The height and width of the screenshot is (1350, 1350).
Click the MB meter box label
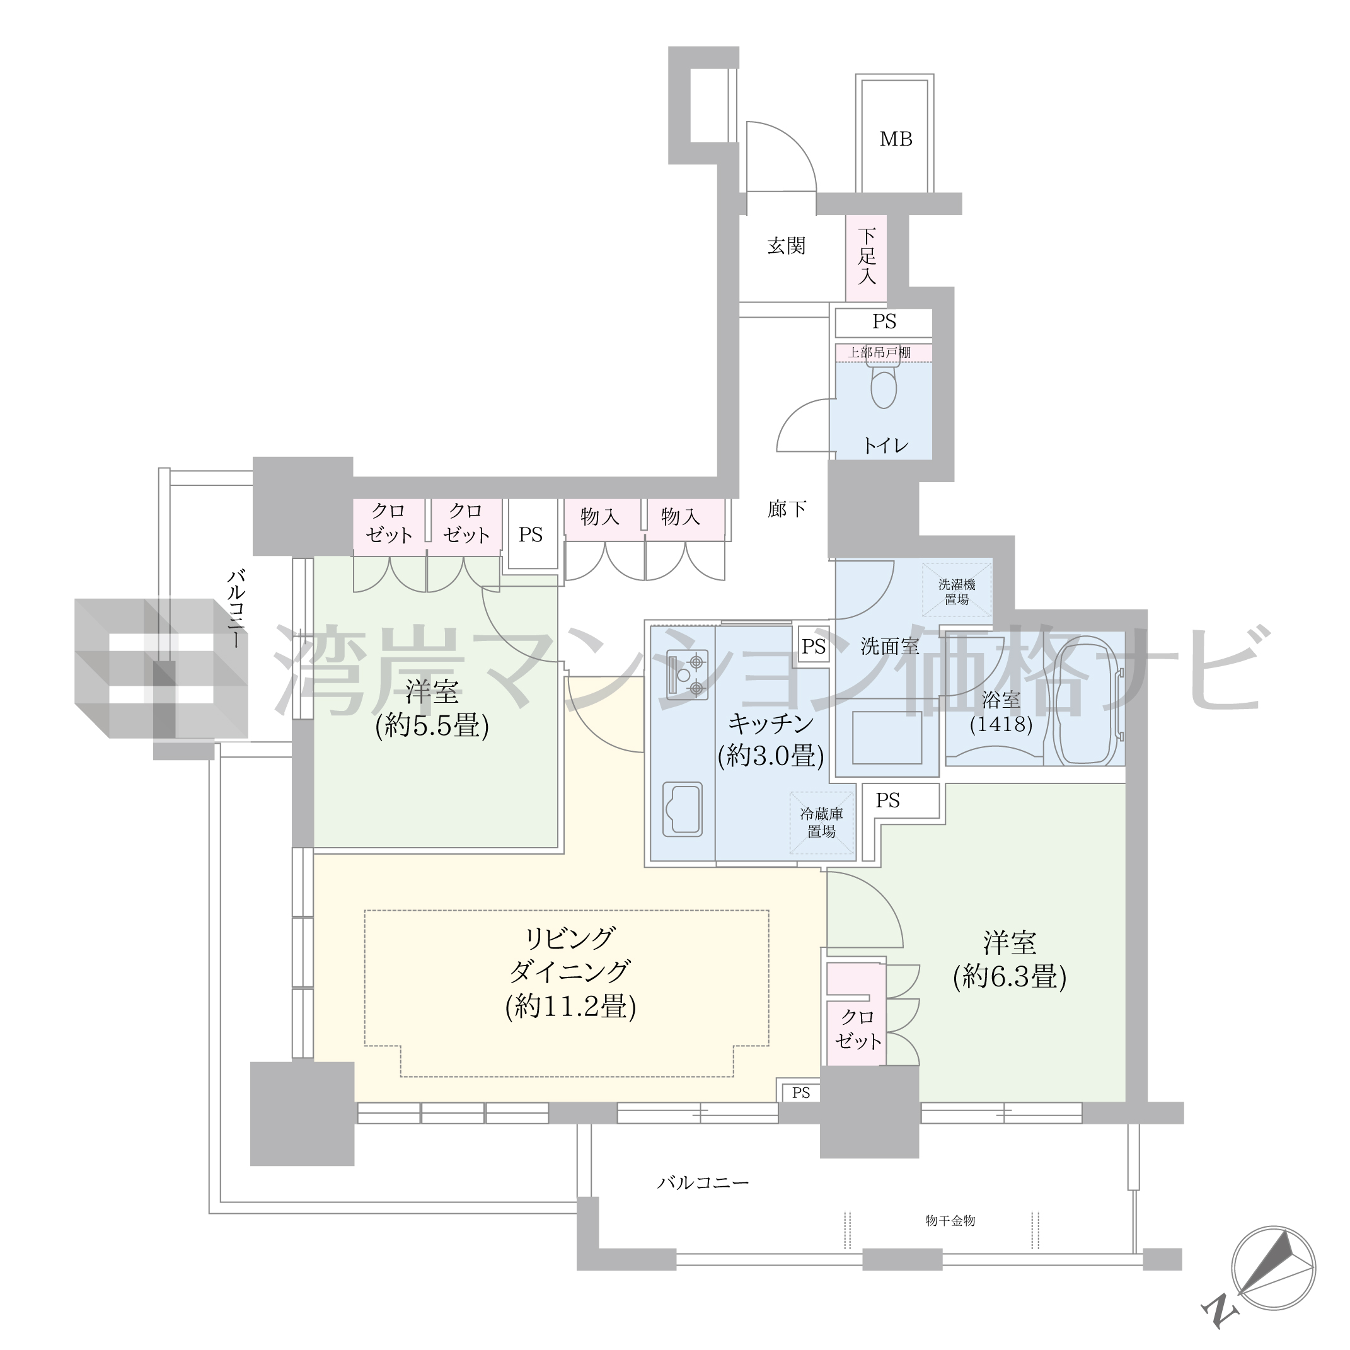[x=896, y=139]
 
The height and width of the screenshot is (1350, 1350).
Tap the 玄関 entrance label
[x=787, y=246]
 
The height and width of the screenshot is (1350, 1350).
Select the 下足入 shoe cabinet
[x=867, y=257]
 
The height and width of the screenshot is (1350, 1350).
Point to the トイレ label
[x=886, y=445]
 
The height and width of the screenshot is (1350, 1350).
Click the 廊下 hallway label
[x=787, y=509]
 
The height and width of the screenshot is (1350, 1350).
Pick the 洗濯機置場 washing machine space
[x=957, y=591]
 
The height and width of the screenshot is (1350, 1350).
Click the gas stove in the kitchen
[x=687, y=674]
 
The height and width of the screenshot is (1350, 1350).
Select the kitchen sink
[x=682, y=809]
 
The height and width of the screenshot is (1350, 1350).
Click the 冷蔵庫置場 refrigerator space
[x=822, y=823]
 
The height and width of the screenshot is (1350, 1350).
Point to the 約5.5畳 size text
[x=432, y=727]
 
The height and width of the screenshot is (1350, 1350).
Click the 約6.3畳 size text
[x=1010, y=977]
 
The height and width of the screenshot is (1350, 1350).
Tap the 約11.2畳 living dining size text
[x=570, y=1007]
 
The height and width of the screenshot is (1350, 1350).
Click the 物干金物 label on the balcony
[x=950, y=1220]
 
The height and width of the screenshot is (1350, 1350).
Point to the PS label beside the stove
[x=814, y=647]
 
